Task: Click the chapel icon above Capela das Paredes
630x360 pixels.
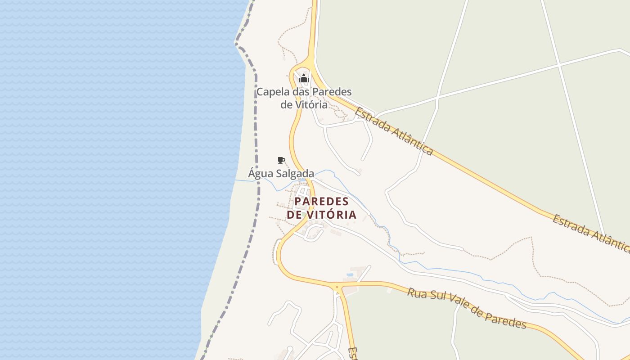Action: click(304, 79)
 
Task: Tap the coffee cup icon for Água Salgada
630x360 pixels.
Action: click(281, 160)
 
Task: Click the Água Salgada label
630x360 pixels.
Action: click(281, 173)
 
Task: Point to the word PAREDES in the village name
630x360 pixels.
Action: click(322, 201)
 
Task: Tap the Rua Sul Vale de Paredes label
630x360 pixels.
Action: click(467, 308)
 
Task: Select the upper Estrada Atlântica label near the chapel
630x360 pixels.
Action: click(394, 131)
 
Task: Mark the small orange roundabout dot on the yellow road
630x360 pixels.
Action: click(337, 287)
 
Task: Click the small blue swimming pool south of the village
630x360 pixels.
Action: click(350, 274)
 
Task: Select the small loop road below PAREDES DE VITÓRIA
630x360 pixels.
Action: click(315, 234)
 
